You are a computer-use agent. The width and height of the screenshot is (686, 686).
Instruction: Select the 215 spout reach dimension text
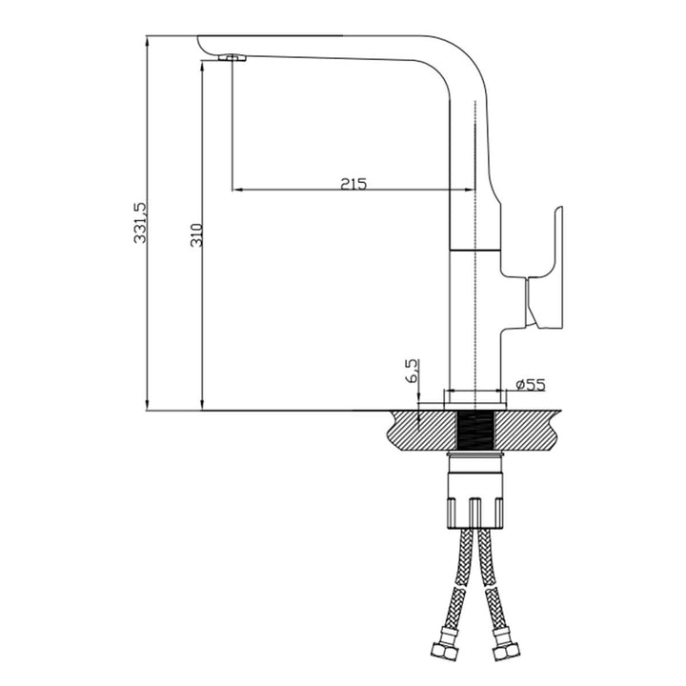pyautogui.click(x=353, y=183)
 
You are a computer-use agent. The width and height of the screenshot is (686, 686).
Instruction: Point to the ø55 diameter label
pyautogui.click(x=530, y=385)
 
